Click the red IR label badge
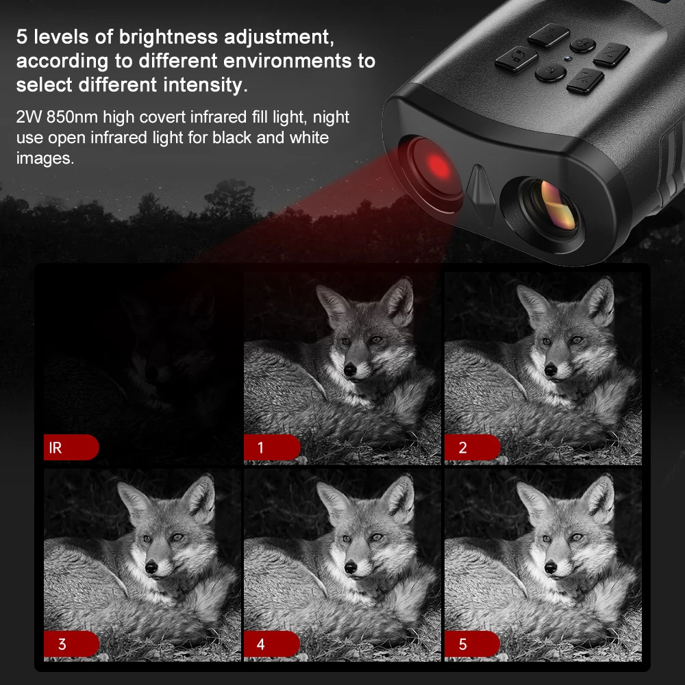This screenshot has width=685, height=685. (x=71, y=447)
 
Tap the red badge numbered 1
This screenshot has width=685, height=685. (x=272, y=447)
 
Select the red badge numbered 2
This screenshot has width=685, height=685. (x=472, y=447)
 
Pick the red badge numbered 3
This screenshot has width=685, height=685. (x=71, y=644)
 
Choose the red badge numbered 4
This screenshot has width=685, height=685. (x=272, y=644)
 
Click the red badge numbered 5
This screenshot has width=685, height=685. (x=472, y=644)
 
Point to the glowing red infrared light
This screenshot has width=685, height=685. (x=437, y=166)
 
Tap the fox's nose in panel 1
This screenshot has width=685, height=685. (x=350, y=371)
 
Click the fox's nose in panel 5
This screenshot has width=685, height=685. (x=551, y=567)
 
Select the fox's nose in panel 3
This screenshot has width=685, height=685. (x=151, y=567)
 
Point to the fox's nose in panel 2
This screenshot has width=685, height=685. (x=551, y=371)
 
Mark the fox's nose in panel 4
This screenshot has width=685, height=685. (x=350, y=567)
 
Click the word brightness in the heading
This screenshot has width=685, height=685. (x=169, y=37)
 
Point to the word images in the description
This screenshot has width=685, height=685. (x=45, y=158)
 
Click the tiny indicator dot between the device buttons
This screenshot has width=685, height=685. (x=566, y=58)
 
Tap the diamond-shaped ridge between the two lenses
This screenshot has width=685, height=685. (x=480, y=195)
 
